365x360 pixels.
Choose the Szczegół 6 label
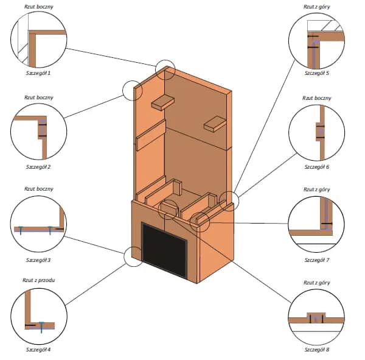316,166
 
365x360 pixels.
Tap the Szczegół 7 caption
316,259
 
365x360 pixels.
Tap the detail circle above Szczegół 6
316,133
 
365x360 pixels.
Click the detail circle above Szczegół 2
38,133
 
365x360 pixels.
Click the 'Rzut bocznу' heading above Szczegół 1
37,5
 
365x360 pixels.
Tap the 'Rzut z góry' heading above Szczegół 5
316,5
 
